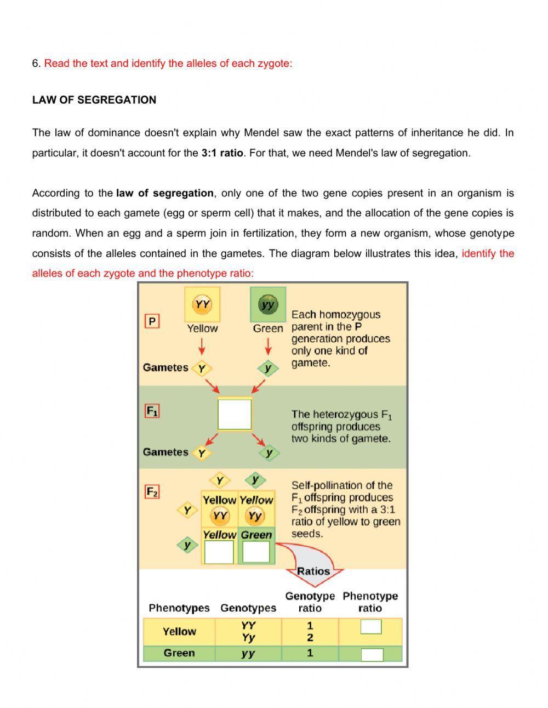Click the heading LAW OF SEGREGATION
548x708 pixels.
point(94,100)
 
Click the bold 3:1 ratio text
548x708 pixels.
point(222,153)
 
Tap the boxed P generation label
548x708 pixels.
point(152,321)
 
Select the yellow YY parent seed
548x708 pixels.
point(202,304)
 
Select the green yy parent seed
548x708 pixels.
point(268,304)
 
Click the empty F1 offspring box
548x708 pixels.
point(235,415)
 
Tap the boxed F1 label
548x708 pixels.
point(152,411)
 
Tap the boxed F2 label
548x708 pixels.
point(152,491)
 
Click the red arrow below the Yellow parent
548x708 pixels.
point(202,347)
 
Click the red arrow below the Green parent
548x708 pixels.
point(268,347)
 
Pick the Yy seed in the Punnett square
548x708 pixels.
point(255,516)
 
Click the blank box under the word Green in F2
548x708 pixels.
point(256,552)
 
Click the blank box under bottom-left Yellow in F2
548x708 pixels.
point(219,552)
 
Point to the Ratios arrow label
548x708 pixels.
point(313,571)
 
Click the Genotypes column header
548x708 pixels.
point(248,608)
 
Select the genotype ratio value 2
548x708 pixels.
point(310,638)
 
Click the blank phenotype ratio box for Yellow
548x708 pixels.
point(371,626)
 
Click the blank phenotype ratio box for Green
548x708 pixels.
point(372,654)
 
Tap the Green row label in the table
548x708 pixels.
point(179,653)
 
